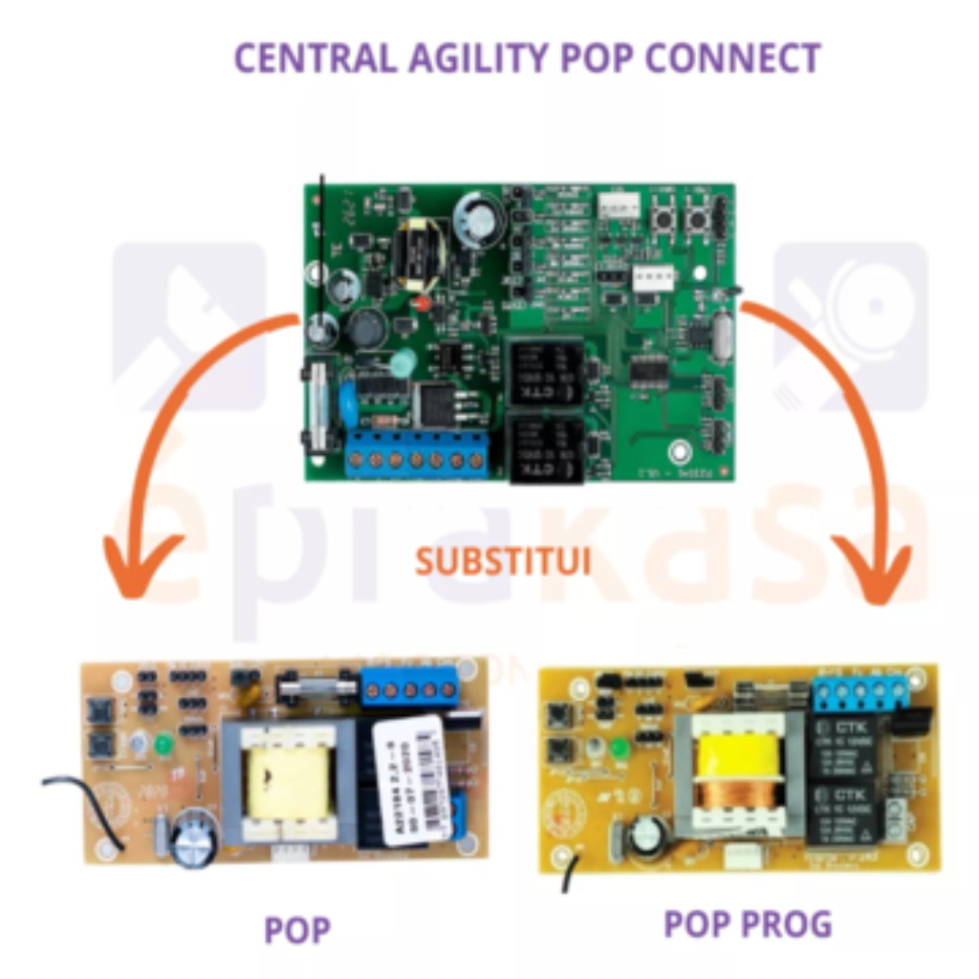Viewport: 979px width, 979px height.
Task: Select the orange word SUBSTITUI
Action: [x=502, y=560]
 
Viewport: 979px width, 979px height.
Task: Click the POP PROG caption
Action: [x=748, y=924]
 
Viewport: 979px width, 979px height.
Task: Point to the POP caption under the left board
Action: [x=297, y=928]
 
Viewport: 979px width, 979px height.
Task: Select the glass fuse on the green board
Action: [x=318, y=402]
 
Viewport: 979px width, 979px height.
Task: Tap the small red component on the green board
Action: [x=421, y=305]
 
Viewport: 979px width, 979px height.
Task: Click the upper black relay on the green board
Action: [x=545, y=371]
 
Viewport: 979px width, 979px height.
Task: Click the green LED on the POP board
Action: [x=163, y=742]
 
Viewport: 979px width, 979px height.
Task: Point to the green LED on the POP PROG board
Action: [x=619, y=748]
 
